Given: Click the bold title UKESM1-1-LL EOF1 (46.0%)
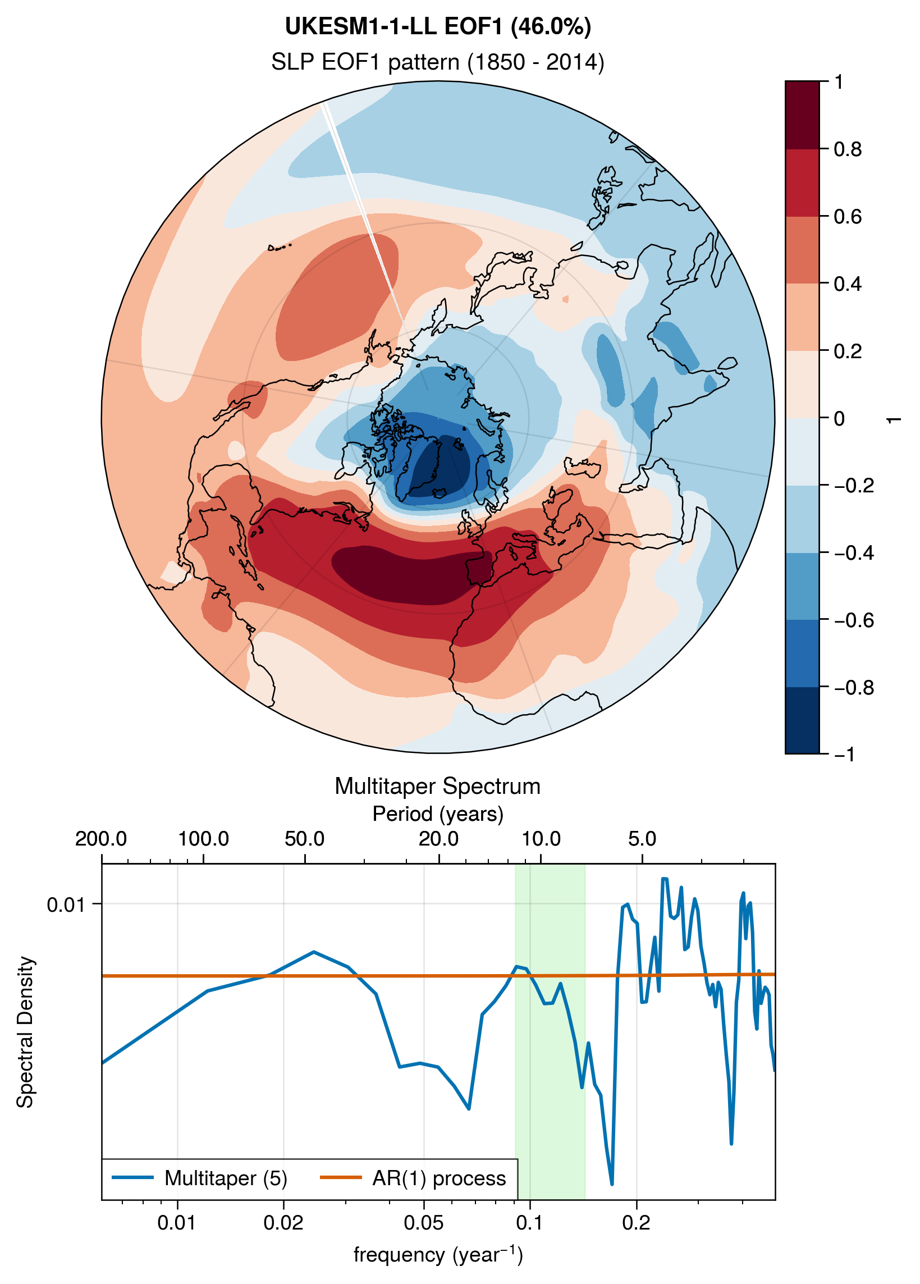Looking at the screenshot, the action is (438, 26).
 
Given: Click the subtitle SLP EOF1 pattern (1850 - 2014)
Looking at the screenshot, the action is (438, 62).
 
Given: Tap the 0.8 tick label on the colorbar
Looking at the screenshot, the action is (848, 149).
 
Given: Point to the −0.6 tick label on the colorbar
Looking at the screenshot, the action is (854, 620).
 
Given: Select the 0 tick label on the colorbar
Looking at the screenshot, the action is (840, 419).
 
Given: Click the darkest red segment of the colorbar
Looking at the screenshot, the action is (802, 116).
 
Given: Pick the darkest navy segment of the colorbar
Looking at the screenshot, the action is (802, 720).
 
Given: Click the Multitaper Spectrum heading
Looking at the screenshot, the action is (438, 787).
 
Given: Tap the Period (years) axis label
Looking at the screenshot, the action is (438, 814).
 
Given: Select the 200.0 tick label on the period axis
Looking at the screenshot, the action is (101, 839).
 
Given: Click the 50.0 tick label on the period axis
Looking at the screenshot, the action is (305, 839).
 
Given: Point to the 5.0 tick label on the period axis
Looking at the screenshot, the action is (642, 839).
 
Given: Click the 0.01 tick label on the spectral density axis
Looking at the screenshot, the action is (66, 904).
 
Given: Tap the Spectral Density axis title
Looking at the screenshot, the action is (25, 1032).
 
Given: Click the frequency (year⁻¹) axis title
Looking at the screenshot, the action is (438, 1254).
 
